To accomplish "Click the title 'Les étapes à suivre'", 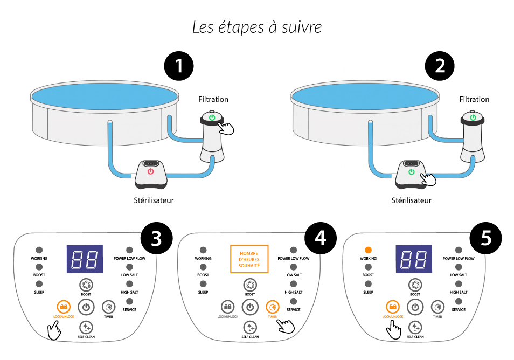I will [257, 27].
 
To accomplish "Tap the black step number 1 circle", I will [178, 66].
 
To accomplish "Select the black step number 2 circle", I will [440, 66].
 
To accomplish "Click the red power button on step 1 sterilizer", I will [151, 171].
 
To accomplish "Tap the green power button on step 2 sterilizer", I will [412, 172].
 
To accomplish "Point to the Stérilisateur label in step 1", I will [154, 200].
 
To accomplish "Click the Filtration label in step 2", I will [474, 99].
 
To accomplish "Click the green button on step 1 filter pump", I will [212, 117].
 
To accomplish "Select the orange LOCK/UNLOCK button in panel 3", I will [64, 307].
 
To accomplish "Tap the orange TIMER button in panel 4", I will [273, 307].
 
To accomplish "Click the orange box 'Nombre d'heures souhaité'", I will [249, 259].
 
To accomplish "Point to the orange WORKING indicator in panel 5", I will [368, 250].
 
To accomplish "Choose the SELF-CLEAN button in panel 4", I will [250, 327].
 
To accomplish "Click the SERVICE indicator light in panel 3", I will [129, 301].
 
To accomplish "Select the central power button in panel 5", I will [414, 307].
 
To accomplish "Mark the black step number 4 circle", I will [320, 238].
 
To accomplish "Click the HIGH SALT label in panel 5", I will [459, 292].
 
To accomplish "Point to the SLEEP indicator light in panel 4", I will [203, 283].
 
